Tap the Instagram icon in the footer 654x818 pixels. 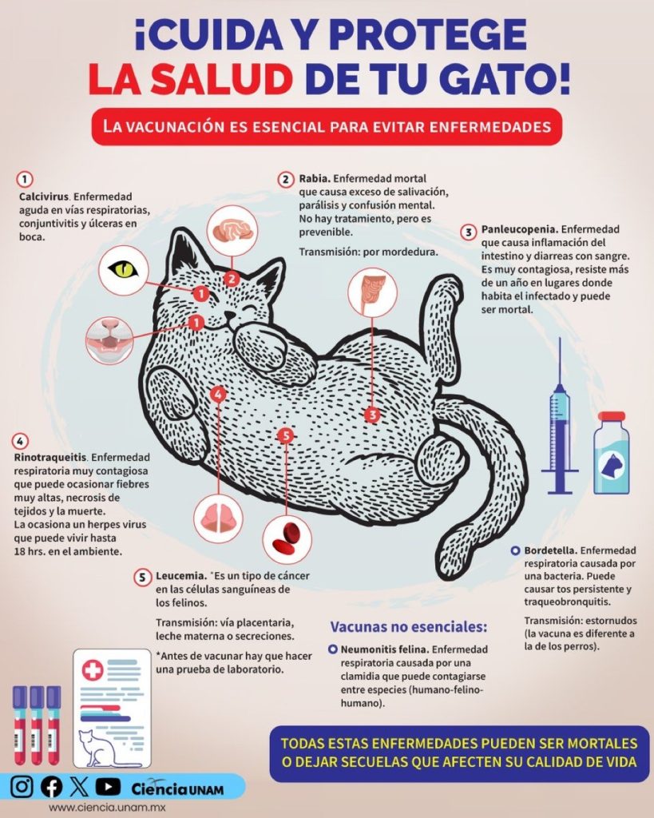(22, 787)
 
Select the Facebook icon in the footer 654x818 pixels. (51, 787)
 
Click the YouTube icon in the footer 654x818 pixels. (108, 787)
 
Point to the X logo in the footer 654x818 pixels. (79, 787)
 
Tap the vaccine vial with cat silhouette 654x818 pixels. (611, 453)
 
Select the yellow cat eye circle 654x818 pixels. (124, 270)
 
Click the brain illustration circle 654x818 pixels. (232, 231)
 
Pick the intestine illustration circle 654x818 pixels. (372, 292)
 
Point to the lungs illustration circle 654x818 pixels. (219, 519)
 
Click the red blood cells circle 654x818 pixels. (287, 539)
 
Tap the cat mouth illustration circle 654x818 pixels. (109, 340)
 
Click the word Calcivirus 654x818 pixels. (44, 197)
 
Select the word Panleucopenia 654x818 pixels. (519, 229)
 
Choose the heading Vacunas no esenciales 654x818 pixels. (409, 626)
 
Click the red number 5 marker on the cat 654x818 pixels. (286, 435)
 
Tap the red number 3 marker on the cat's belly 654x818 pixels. (372, 415)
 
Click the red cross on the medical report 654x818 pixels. (93, 670)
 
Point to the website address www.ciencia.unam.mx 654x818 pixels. (107, 808)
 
